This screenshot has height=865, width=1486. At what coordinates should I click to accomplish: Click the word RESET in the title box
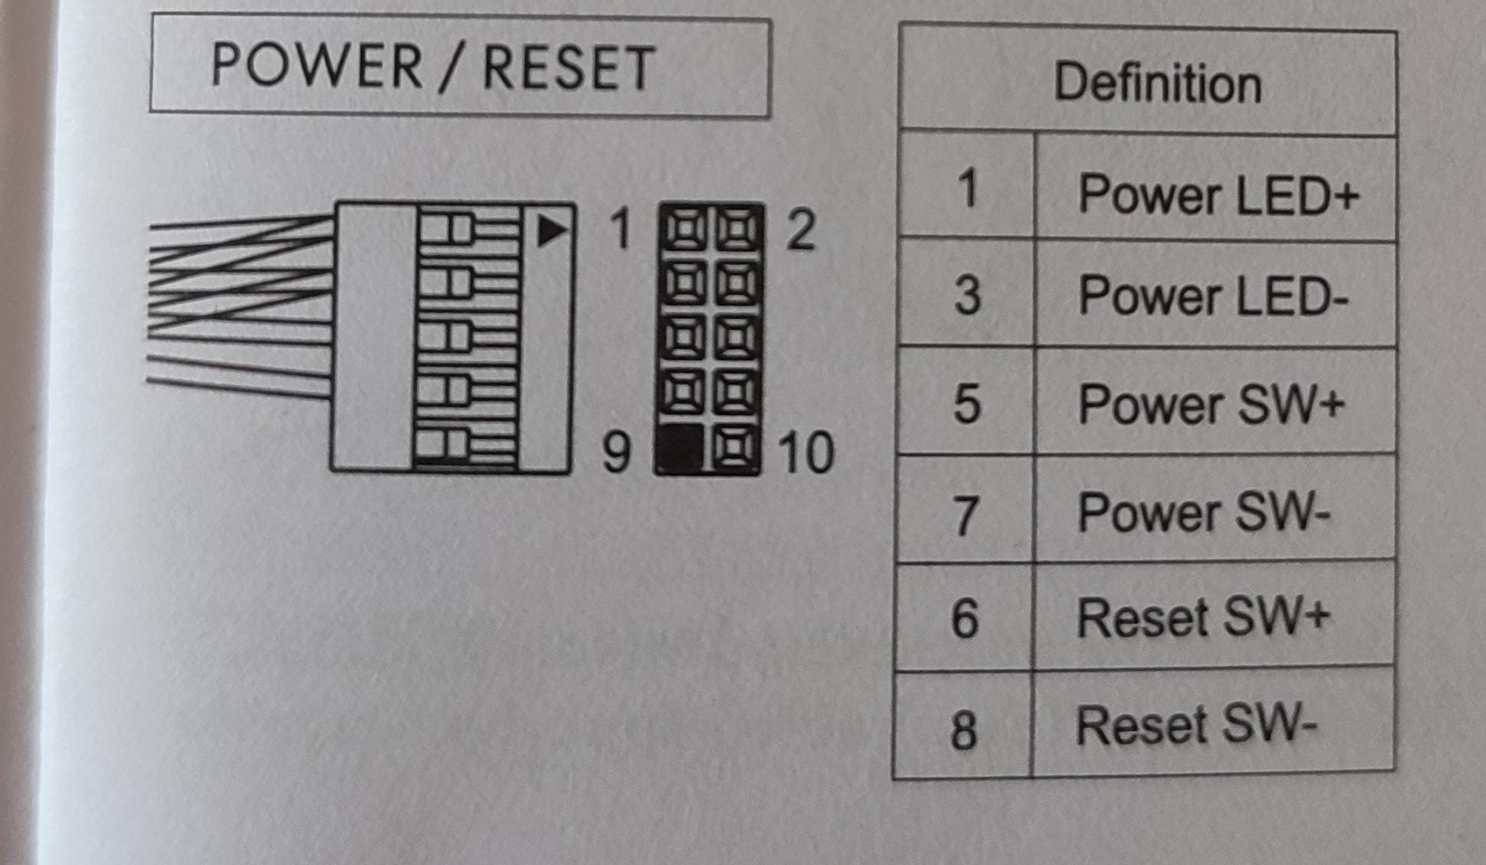[x=569, y=68]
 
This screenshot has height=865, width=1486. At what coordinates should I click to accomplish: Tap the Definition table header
[x=1157, y=83]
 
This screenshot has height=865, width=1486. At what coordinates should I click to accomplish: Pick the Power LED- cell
[x=1213, y=296]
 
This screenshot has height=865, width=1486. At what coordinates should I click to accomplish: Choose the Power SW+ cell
[x=1211, y=404]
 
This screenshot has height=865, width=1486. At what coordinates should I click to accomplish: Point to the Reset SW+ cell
[x=1204, y=618]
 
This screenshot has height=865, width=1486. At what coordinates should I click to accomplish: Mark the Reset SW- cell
[x=1196, y=725]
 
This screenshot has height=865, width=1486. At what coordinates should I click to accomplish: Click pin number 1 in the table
[x=968, y=188]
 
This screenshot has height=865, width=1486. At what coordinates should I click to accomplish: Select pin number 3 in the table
[x=967, y=296]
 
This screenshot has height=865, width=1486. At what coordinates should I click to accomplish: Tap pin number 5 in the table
[x=966, y=404]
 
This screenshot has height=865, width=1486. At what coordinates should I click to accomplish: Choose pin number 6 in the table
[x=965, y=619]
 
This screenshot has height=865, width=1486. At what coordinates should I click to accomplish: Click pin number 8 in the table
[x=963, y=729]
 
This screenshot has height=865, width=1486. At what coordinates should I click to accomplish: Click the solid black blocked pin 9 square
[x=679, y=449]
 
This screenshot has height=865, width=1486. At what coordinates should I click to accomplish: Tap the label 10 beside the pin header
[x=806, y=453]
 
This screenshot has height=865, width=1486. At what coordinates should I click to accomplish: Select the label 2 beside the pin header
[x=800, y=230]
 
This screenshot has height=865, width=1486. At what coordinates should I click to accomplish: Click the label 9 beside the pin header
[x=617, y=452]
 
